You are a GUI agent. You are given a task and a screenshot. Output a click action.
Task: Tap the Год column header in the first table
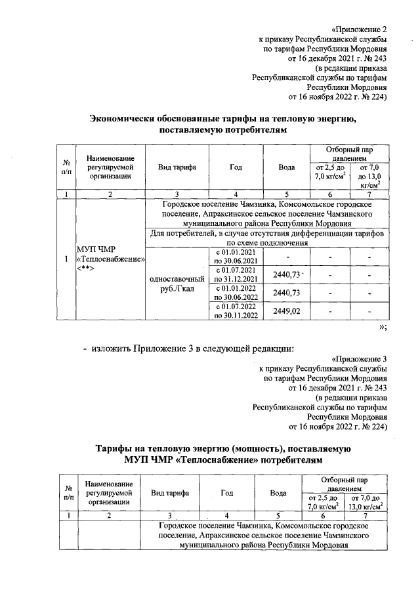(235, 167)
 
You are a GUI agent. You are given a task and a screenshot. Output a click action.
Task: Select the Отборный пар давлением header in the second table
(345, 484)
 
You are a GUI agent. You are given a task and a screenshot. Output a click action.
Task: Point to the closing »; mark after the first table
(383, 328)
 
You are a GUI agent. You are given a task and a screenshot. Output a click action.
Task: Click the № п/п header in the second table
(67, 492)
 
